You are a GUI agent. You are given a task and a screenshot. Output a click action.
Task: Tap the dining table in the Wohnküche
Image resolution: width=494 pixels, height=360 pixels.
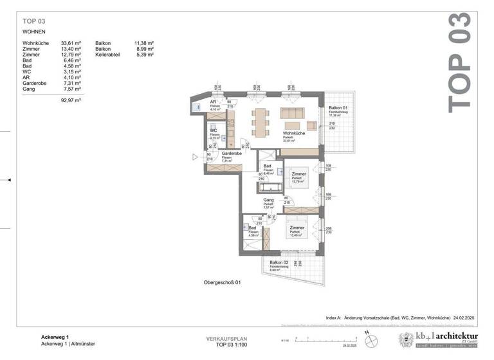pos(261,122)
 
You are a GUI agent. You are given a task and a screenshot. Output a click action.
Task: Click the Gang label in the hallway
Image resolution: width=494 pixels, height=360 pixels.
pos(268,200)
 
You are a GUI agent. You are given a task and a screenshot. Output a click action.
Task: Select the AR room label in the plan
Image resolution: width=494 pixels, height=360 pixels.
pos(213,102)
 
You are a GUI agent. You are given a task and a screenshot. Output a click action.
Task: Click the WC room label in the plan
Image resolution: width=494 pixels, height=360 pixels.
pos(213,130)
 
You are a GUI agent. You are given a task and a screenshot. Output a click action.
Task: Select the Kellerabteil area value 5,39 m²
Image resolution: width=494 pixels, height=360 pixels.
pos(145,55)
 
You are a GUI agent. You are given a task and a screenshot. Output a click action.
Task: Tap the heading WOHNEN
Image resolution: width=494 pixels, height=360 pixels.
pos(35,31)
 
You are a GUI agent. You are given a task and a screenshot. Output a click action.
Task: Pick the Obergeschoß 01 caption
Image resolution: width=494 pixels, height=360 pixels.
pos(222,282)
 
